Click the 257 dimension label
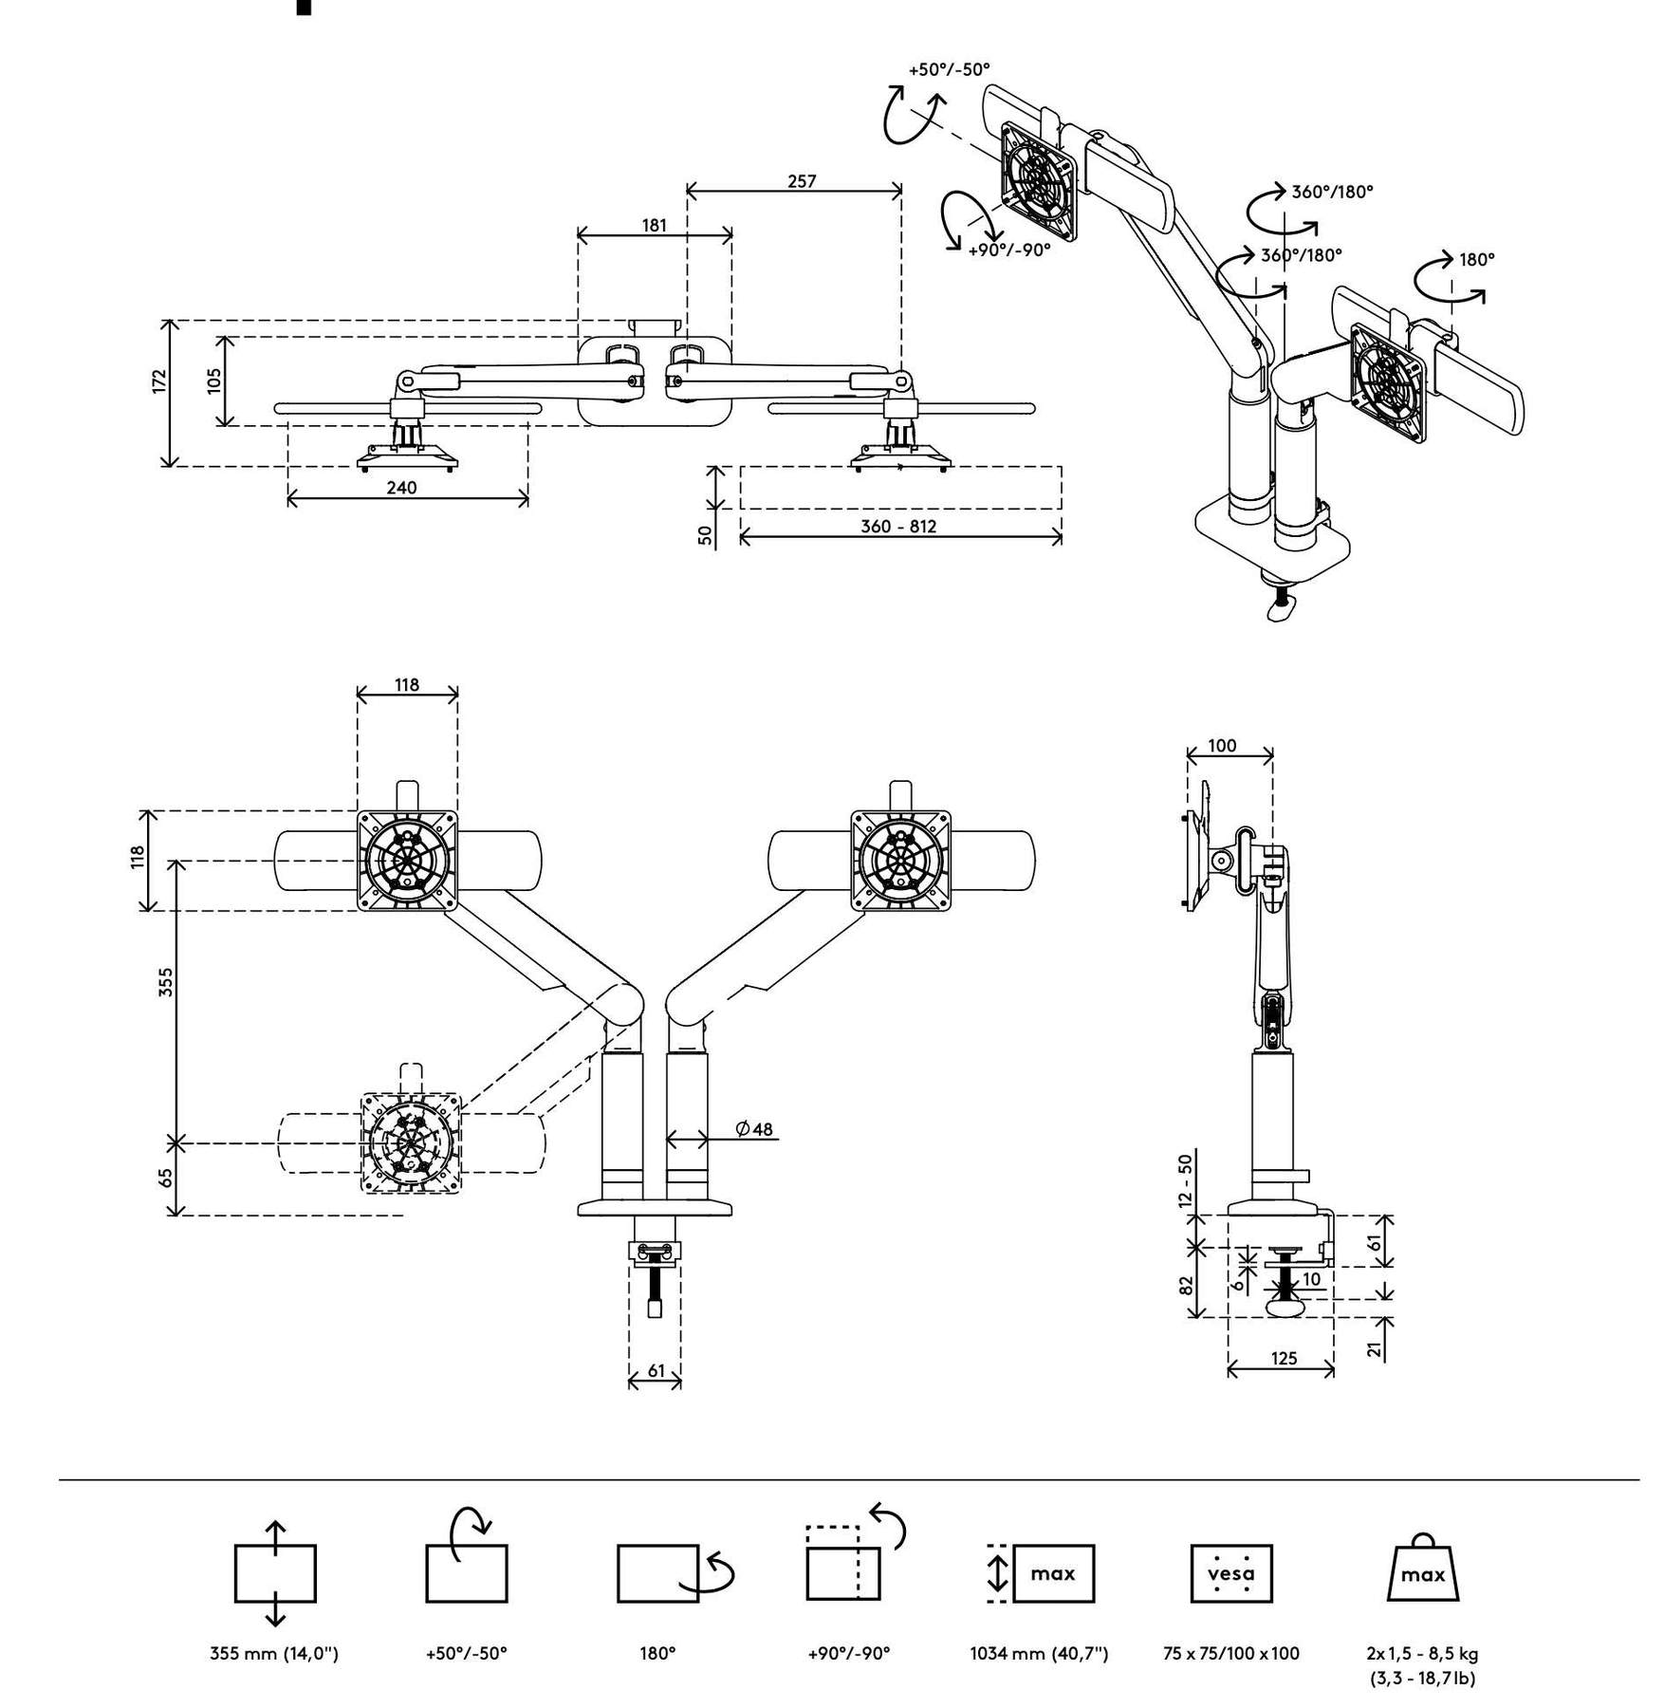click(802, 180)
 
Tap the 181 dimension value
click(655, 225)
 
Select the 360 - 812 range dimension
click(898, 526)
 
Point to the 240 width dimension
click(401, 488)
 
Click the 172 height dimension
click(159, 381)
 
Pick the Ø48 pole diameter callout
click(754, 1129)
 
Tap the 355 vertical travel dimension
click(166, 982)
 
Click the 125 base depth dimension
click(1284, 1358)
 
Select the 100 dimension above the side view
click(1222, 746)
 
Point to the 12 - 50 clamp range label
click(1185, 1179)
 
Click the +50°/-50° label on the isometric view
click(949, 69)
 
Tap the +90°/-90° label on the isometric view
click(1009, 251)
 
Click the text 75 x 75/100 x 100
click(1231, 1653)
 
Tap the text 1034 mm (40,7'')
click(1039, 1653)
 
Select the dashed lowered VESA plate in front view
click(413, 1142)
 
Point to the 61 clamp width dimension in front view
click(656, 1370)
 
